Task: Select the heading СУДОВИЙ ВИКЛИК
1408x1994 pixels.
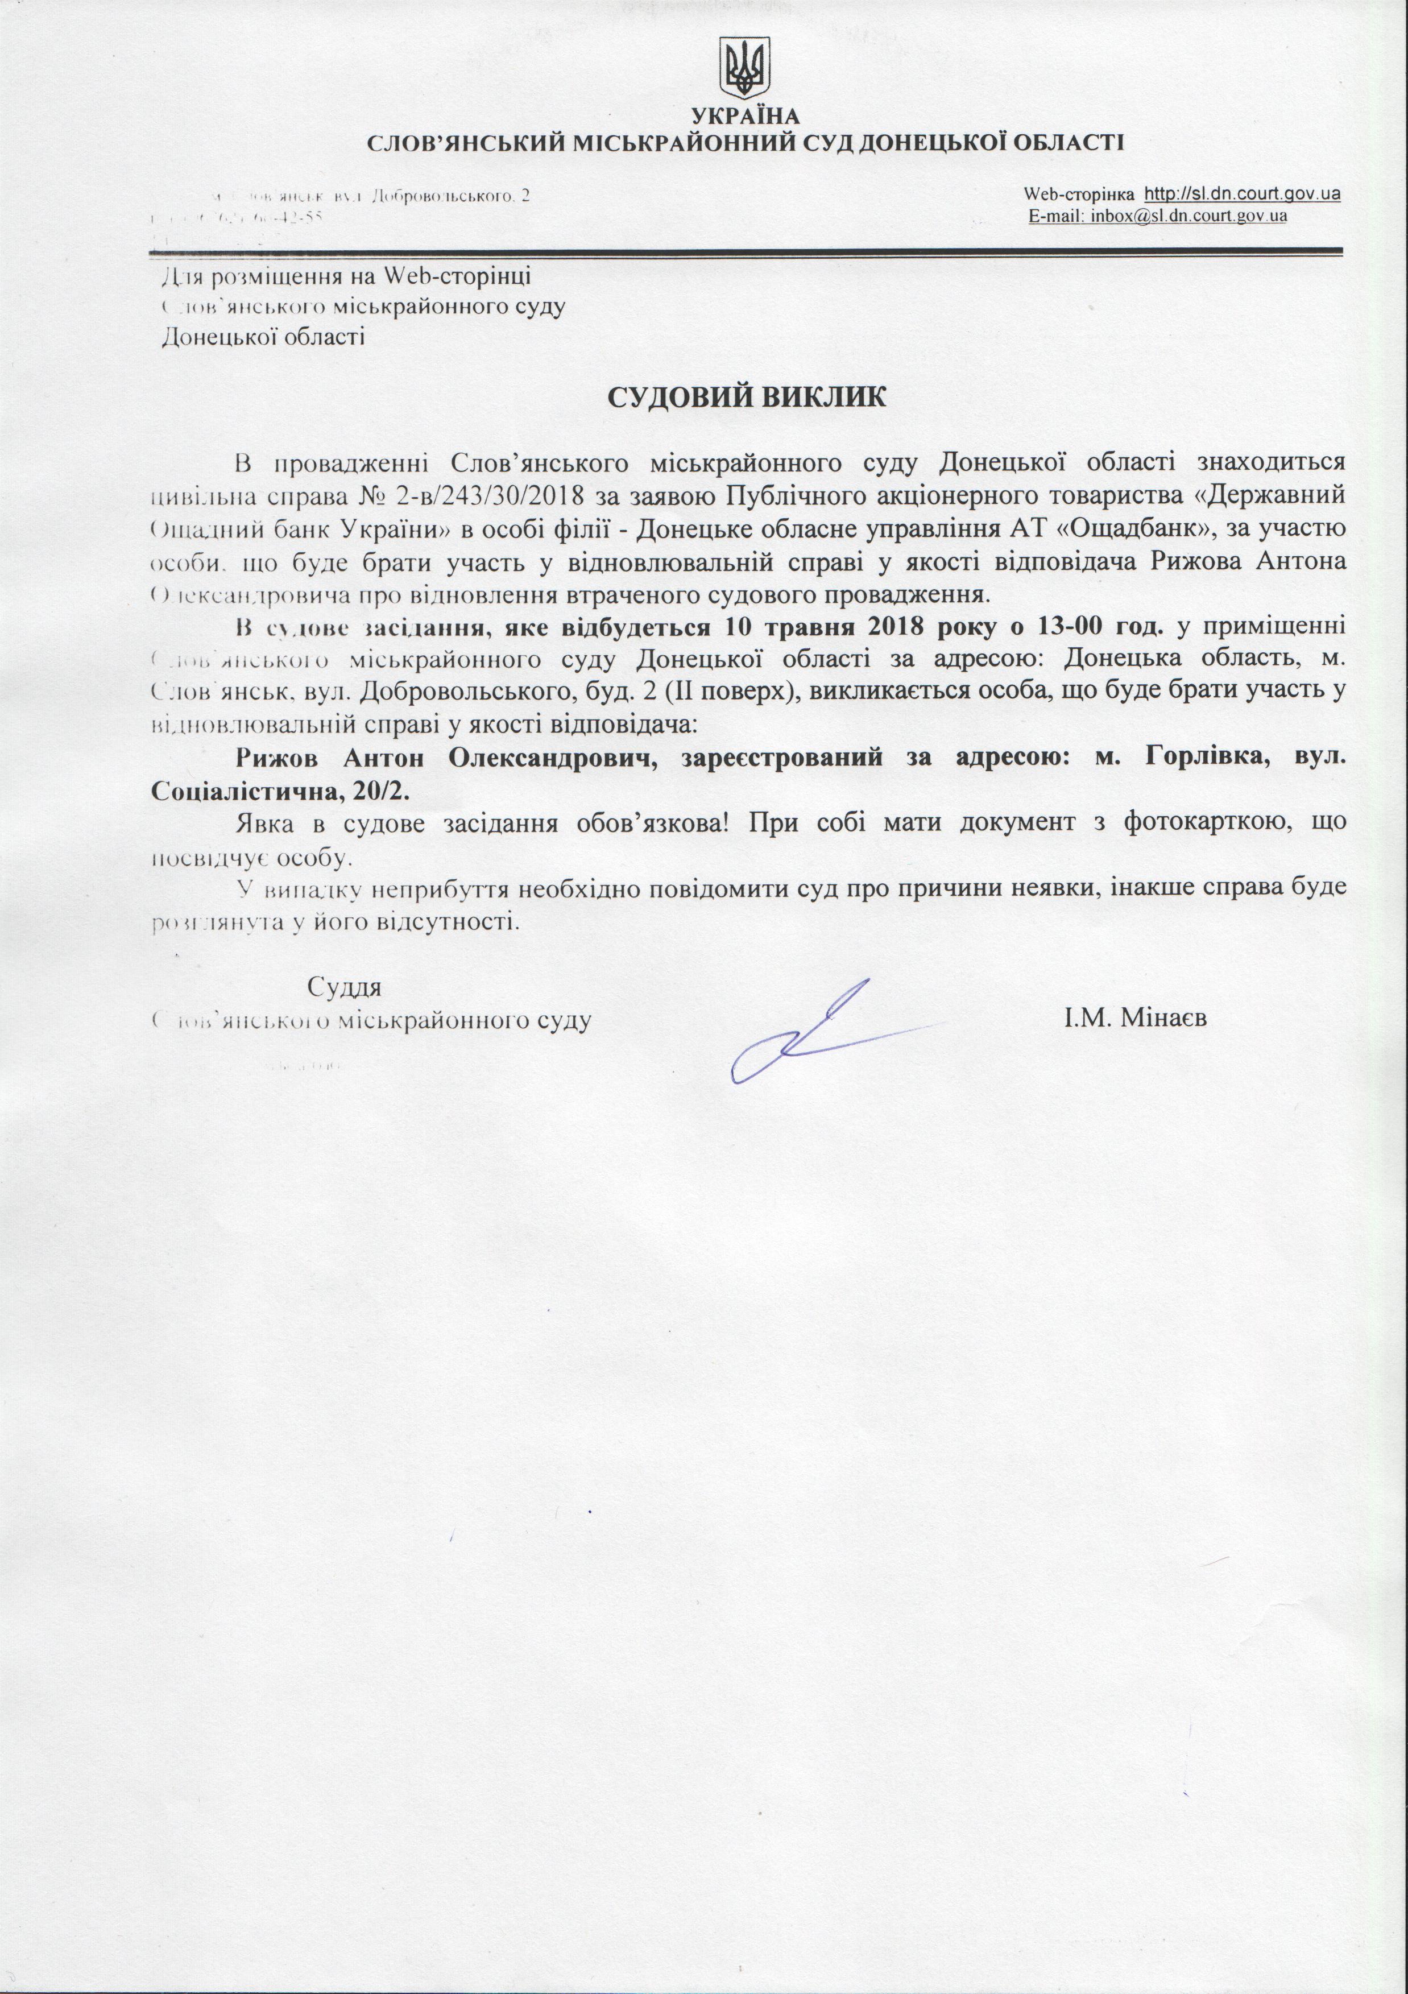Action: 746,398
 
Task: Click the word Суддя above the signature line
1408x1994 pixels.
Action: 344,987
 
